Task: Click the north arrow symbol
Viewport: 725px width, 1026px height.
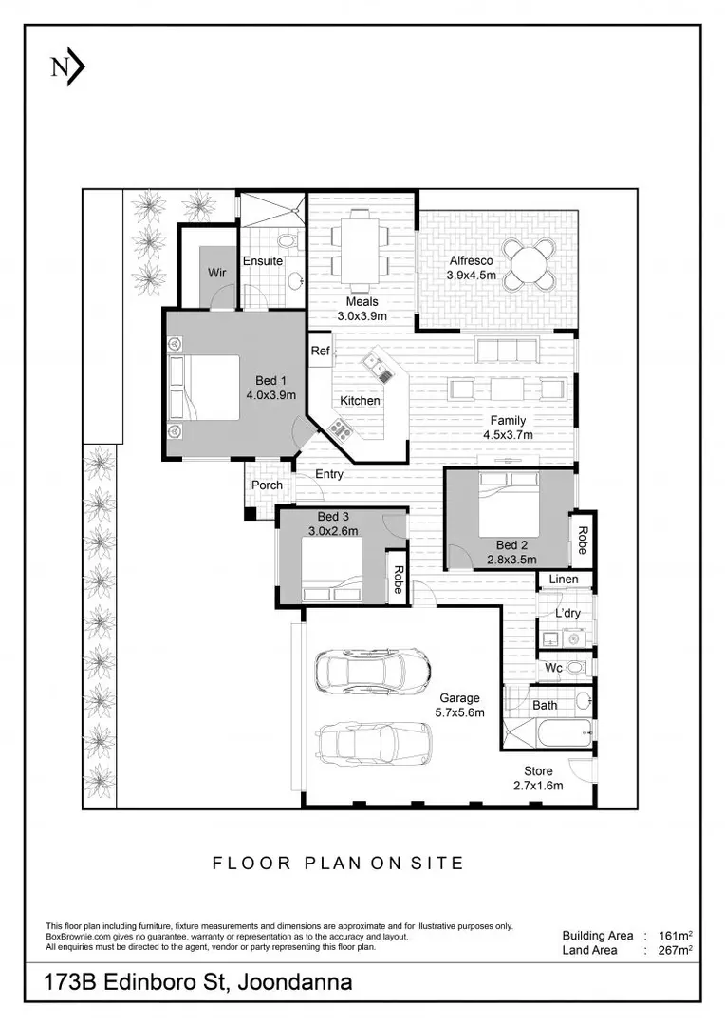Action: pos(68,68)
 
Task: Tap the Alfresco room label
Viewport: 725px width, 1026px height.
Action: pos(471,261)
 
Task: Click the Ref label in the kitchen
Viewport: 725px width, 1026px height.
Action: pos(321,351)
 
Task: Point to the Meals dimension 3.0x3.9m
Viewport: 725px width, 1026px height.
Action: pos(362,316)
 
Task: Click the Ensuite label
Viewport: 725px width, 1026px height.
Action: pos(263,261)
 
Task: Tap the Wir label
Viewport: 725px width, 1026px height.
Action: pos(217,273)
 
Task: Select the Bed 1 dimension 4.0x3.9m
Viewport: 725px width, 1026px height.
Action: pos(271,394)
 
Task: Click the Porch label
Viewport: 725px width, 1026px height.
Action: pos(268,484)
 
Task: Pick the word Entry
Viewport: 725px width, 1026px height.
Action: pos(329,474)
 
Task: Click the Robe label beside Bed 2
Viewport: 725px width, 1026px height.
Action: pos(582,541)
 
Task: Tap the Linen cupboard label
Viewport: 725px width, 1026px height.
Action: pos(564,579)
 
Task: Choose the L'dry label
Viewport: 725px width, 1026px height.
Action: pos(567,613)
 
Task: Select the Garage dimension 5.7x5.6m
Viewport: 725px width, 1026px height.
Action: pos(459,712)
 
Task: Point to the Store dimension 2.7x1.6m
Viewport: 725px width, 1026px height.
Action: pos(538,786)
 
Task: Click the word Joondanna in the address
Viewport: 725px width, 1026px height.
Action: pos(295,982)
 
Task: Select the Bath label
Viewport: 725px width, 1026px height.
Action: pos(545,705)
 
